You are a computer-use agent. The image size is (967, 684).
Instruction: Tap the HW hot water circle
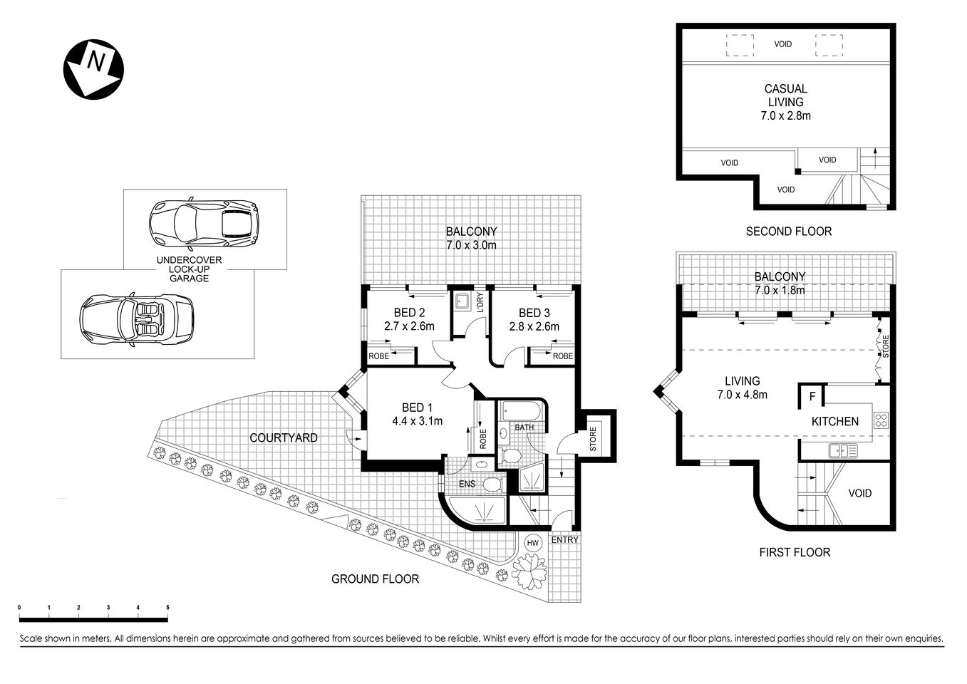pos(532,543)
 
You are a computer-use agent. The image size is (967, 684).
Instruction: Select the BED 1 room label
pos(417,408)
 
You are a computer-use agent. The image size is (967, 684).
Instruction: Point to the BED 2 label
pos(409,313)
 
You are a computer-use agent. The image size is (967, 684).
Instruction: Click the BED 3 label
pos(534,313)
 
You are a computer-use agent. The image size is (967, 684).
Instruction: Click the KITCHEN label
pos(835,421)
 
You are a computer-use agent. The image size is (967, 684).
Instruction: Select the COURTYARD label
pos(283,437)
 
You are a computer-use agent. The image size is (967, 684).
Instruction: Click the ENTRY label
pos(565,539)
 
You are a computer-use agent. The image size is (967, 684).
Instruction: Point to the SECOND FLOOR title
pos(788,231)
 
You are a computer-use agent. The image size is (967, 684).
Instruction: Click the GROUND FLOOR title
pos(375,579)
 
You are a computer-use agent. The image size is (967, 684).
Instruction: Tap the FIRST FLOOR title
pos(795,551)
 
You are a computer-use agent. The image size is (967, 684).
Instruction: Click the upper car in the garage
pos(204,220)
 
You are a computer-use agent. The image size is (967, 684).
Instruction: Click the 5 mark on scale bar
pos(167,607)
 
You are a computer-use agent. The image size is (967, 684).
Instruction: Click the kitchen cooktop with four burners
pos(881,420)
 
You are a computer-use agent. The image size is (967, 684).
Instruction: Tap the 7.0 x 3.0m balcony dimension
pos(471,245)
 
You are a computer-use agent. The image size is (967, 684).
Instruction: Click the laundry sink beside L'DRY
pos(462,301)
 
